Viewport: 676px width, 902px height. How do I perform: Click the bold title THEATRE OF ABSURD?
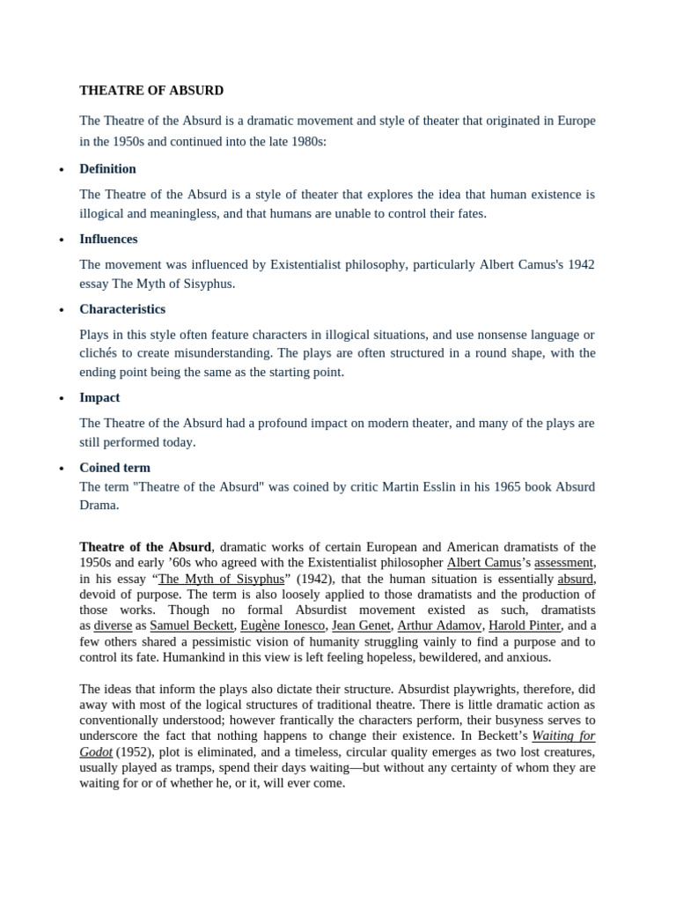[x=151, y=90]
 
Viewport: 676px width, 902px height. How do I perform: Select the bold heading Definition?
[x=107, y=168]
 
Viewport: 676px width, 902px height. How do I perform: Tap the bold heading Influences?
[x=108, y=239]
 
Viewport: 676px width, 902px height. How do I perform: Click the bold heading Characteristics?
[x=122, y=309]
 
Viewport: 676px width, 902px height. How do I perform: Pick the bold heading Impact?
[x=99, y=397]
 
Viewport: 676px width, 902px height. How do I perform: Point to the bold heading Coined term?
[x=114, y=468]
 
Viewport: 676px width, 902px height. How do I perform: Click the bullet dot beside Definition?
[x=61, y=170]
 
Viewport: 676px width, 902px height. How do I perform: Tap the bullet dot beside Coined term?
[x=61, y=469]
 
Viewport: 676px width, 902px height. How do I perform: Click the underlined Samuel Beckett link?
[x=192, y=625]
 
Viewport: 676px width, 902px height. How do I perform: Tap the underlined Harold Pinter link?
[x=525, y=625]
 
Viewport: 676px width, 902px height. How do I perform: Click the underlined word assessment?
[x=564, y=562]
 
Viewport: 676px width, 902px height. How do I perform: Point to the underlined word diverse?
[x=113, y=625]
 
